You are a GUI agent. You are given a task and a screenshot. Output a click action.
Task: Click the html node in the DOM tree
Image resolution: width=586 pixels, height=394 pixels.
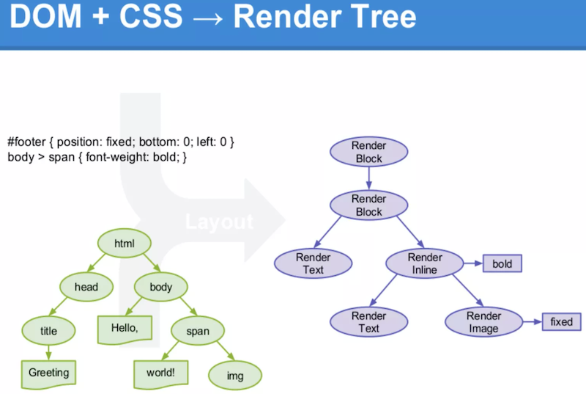(125, 243)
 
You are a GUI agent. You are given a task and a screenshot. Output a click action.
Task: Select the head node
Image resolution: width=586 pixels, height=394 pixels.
(86, 287)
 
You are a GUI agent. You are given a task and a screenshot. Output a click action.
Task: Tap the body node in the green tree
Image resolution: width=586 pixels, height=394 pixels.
(161, 287)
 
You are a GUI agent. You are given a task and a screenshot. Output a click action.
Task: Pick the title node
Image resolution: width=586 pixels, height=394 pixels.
(48, 331)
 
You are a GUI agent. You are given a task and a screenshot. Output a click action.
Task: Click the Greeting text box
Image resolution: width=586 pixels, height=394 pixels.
(48, 373)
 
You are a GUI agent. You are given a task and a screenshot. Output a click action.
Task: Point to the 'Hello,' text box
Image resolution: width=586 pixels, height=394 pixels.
(125, 329)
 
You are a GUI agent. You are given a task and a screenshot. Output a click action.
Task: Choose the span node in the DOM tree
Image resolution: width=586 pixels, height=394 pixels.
(198, 331)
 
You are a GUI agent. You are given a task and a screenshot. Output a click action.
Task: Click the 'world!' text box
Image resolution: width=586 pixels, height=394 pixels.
(160, 373)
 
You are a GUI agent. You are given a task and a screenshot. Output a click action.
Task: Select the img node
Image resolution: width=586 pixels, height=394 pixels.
(235, 376)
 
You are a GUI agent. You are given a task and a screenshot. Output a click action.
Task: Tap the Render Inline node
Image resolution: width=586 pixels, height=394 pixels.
(425, 263)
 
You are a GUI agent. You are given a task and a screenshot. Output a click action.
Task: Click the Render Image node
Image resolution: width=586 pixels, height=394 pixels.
(483, 322)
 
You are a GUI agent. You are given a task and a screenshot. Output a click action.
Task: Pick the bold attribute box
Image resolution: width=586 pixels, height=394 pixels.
(502, 264)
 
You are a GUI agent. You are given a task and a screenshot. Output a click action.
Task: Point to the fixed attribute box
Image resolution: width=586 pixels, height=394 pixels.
(561, 322)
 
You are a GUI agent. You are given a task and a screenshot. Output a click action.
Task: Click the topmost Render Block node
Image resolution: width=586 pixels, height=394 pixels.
(369, 152)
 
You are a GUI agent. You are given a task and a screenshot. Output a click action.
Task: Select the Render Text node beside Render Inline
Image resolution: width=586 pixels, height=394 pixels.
(314, 263)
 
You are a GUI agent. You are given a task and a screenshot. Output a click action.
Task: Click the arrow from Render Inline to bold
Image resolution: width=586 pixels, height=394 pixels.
(473, 263)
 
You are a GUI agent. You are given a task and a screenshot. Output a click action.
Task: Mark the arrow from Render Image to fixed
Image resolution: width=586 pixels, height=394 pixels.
(533, 322)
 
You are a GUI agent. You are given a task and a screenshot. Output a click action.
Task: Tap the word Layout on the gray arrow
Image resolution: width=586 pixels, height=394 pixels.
(219, 222)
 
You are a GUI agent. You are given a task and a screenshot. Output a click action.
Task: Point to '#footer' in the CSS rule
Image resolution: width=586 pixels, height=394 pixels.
(26, 142)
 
